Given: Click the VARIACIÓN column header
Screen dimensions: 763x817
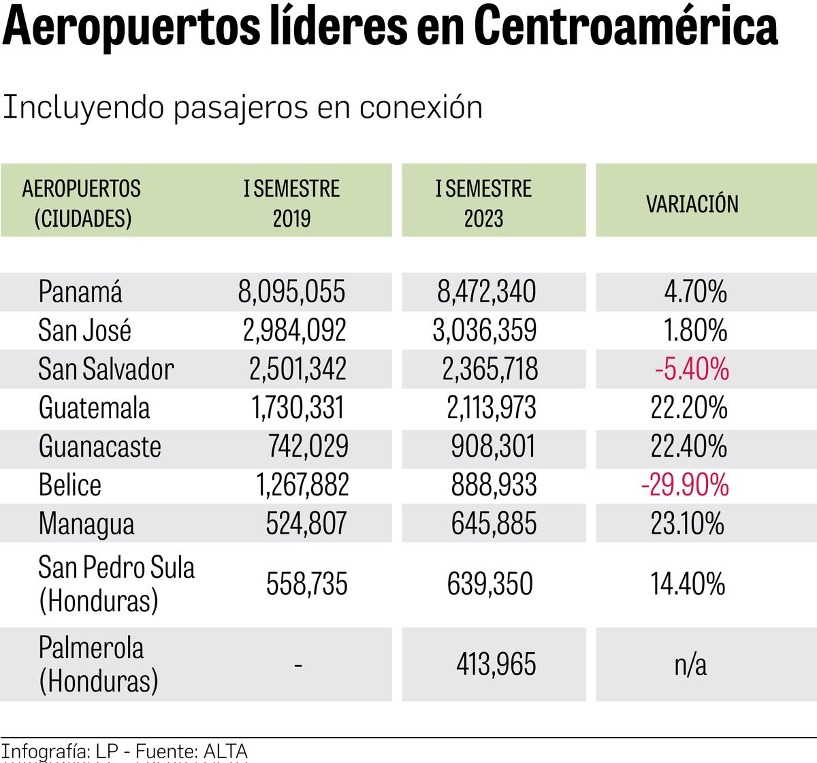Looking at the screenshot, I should (692, 204).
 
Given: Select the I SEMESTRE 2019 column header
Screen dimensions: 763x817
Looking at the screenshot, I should (291, 203).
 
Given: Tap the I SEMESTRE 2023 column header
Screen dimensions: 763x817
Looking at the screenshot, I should (483, 203).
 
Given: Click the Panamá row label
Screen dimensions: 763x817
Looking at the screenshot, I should (80, 291).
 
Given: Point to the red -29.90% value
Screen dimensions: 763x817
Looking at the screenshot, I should (685, 485).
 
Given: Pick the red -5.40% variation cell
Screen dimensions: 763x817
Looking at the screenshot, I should (692, 369).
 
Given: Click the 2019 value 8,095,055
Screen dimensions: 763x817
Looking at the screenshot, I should (291, 291).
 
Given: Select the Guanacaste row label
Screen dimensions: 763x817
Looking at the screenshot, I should (99, 447).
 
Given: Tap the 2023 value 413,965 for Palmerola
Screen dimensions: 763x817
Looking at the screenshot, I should (496, 664).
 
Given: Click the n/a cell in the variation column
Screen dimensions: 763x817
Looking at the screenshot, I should (690, 664).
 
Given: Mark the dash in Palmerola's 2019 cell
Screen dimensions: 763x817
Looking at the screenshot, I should (298, 664).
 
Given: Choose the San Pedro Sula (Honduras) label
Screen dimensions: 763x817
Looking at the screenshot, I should (116, 584).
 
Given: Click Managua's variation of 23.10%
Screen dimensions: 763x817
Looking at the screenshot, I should (688, 524).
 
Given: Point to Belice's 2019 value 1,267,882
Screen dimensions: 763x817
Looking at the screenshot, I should (302, 485).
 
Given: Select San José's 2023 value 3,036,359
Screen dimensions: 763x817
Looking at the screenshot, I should (484, 330).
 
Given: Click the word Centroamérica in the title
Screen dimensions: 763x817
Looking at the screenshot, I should (625, 27).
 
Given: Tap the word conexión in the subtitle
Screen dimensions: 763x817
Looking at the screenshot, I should (420, 108).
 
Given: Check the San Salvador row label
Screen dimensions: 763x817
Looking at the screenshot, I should (106, 369).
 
